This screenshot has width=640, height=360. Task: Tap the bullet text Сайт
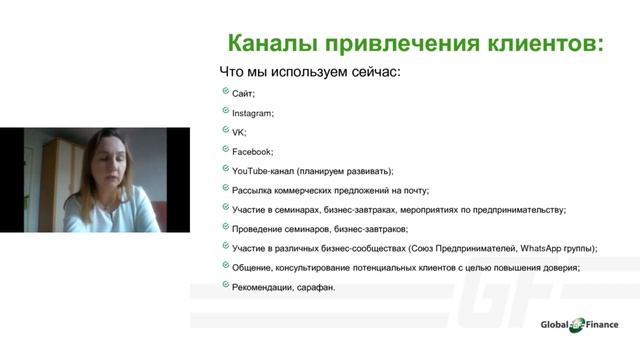pos(243,94)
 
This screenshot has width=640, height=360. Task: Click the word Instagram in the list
pos(252,113)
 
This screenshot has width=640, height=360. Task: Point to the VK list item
pos(238,132)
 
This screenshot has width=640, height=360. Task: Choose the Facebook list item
pos(251,152)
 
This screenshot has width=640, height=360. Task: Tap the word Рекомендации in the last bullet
pos(264,287)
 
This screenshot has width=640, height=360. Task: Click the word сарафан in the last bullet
pos(316,287)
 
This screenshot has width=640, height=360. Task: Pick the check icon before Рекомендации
pos(224,286)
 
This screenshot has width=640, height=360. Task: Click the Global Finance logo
pos(579,324)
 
